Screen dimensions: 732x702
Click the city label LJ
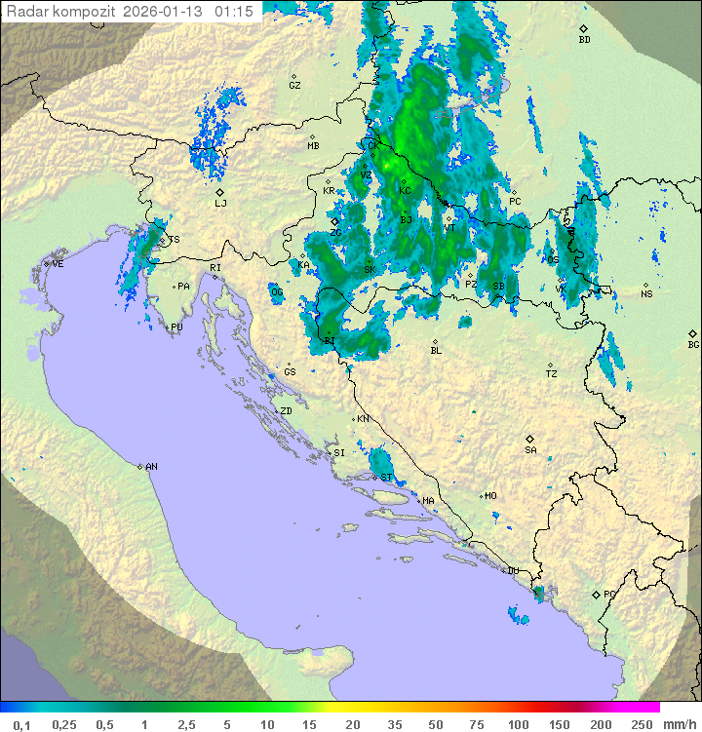click(x=220, y=203)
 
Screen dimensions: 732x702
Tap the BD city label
click(x=584, y=40)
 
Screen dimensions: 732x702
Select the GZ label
click(x=294, y=85)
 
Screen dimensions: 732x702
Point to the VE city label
click(x=58, y=264)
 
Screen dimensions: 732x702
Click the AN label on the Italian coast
click(x=151, y=467)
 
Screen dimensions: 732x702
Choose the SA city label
click(x=530, y=449)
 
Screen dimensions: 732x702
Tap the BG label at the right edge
click(x=693, y=344)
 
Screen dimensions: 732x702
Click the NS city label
click(x=646, y=293)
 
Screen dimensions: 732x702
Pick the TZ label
click(x=552, y=373)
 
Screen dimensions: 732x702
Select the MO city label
click(x=490, y=496)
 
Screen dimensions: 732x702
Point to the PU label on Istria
click(x=176, y=327)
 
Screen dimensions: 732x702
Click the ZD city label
click(x=286, y=411)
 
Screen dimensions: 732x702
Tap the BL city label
click(x=436, y=350)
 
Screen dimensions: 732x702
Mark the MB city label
click(x=313, y=145)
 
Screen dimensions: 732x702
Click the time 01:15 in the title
click(x=234, y=12)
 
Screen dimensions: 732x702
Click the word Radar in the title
click(x=26, y=12)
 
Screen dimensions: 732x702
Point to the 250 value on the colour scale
click(x=641, y=723)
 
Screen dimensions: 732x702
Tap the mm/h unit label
click(x=680, y=723)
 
